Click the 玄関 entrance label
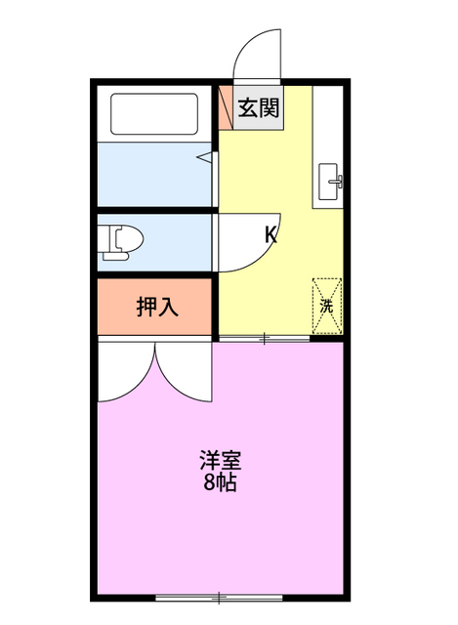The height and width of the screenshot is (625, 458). [x=258, y=107]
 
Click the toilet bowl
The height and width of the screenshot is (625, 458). [x=123, y=239]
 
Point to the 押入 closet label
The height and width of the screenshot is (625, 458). [x=156, y=307]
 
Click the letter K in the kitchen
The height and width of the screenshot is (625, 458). [x=271, y=234]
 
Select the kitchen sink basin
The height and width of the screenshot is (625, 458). [x=327, y=181]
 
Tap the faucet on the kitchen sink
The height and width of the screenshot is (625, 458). [x=336, y=181]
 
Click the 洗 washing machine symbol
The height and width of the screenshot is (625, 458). [x=326, y=305]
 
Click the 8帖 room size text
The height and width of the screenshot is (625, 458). [x=221, y=481]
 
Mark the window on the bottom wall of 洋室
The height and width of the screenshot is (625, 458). [x=221, y=596]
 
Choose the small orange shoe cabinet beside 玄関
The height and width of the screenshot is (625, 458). [x=225, y=104]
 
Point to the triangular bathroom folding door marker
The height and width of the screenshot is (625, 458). [x=205, y=155]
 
